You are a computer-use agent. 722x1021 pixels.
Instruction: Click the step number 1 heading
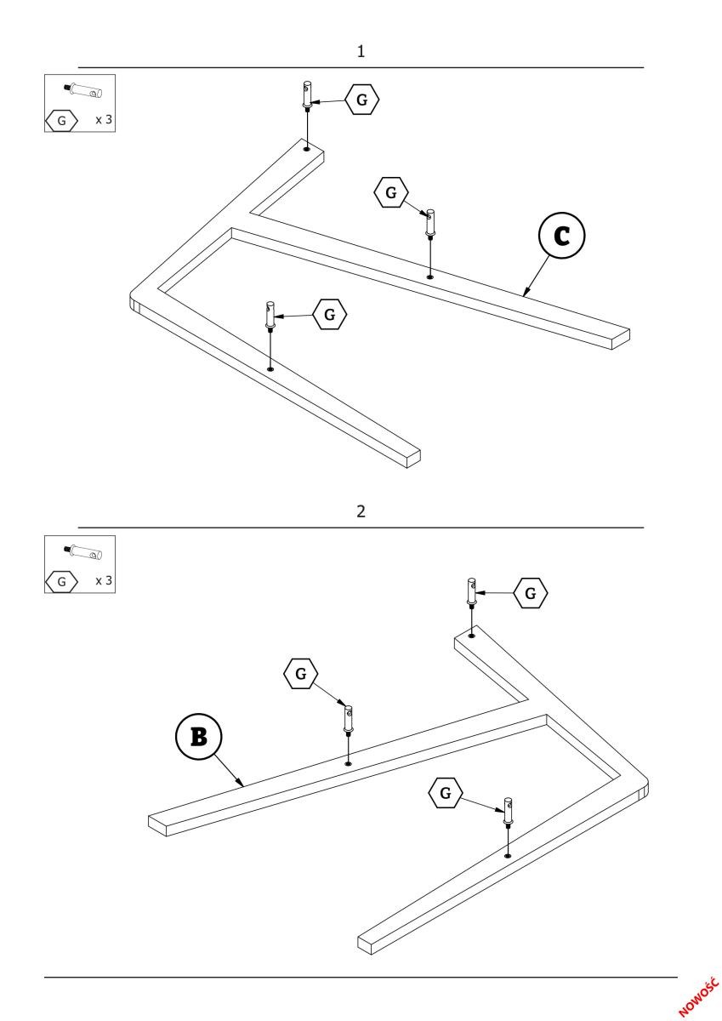(x=361, y=52)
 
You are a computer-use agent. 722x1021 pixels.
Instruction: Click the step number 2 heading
(x=361, y=511)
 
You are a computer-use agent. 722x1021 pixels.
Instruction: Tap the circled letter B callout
(x=199, y=736)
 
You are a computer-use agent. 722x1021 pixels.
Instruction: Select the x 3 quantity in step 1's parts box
(x=104, y=120)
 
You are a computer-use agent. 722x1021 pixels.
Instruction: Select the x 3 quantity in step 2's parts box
(x=104, y=580)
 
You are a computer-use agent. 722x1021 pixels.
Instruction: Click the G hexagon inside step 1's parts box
(x=61, y=121)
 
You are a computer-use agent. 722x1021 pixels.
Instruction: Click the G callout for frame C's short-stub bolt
(x=362, y=100)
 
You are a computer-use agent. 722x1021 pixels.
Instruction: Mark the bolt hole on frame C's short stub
(x=306, y=149)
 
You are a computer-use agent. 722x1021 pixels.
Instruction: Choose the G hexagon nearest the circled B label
(x=300, y=674)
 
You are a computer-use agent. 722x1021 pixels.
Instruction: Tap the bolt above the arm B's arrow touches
(x=349, y=719)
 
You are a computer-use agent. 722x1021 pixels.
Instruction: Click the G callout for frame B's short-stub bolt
(x=532, y=593)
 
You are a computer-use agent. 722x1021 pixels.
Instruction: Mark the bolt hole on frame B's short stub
(x=471, y=634)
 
